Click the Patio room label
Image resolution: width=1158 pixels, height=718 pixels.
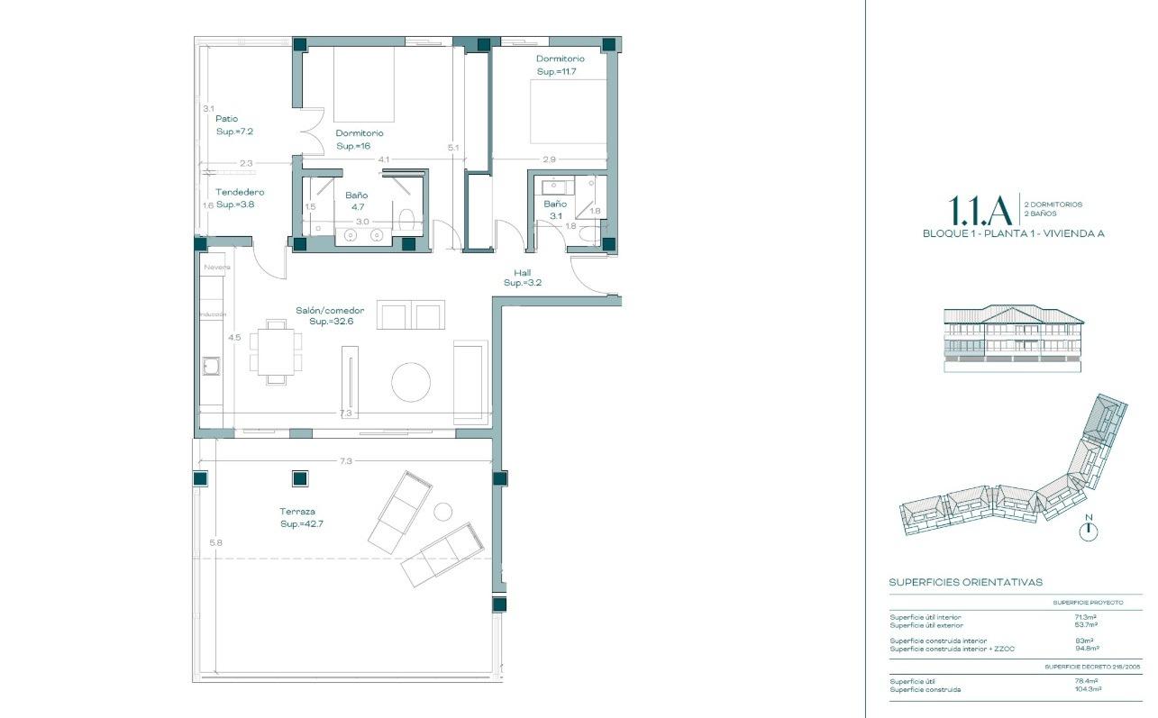click(227, 118)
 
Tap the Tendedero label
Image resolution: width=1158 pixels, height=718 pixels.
click(240, 192)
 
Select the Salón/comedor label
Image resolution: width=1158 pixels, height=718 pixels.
click(330, 311)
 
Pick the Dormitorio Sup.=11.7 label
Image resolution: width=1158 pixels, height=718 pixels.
click(560, 65)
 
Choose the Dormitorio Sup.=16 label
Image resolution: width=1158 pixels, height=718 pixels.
click(360, 139)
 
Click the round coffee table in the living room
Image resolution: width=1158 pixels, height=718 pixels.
click(411, 382)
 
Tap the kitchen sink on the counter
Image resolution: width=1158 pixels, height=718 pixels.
click(212, 366)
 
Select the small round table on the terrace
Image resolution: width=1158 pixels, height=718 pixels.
click(442, 512)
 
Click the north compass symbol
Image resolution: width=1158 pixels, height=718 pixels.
click(1089, 531)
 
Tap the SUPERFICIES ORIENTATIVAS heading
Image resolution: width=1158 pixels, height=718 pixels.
click(965, 582)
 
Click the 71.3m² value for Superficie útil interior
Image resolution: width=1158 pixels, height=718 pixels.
click(1086, 617)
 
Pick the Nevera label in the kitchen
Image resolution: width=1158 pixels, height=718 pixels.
click(216, 268)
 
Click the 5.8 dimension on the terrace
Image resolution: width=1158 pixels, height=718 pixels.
click(215, 542)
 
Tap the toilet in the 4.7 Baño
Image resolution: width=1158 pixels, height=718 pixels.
click(406, 219)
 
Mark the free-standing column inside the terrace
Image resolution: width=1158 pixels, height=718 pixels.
click(300, 478)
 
